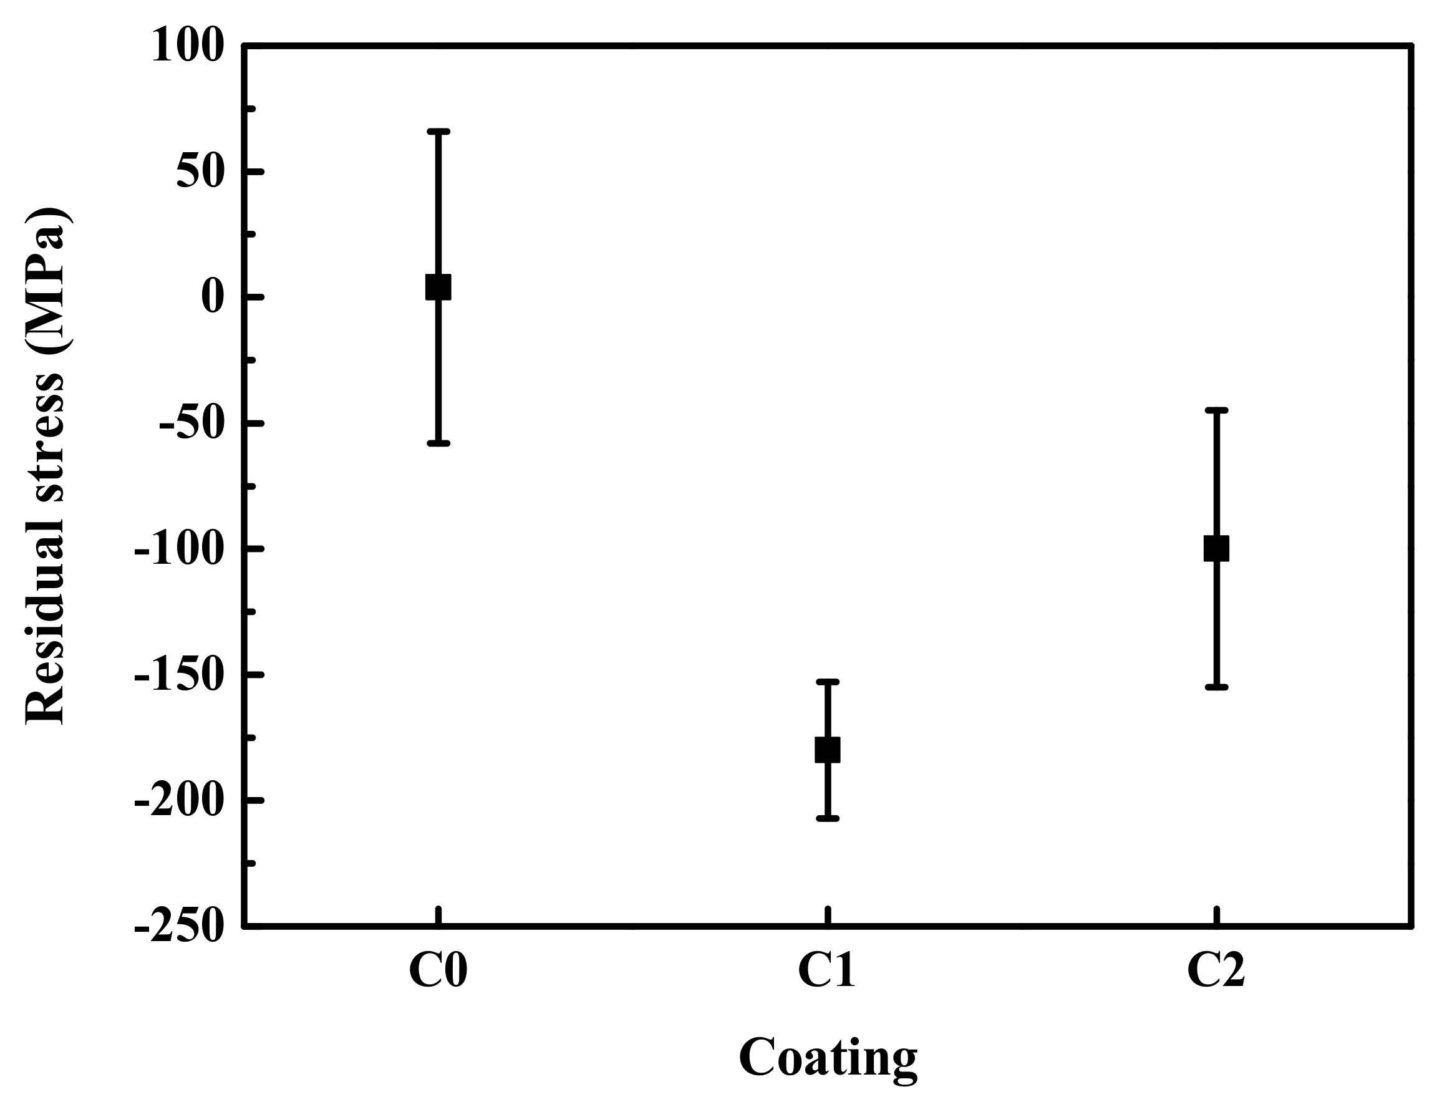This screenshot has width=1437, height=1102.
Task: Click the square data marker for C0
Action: pyautogui.click(x=438, y=288)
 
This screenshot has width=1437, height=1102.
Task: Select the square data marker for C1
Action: pyautogui.click(x=827, y=749)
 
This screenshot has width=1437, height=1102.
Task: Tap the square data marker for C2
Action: pyautogui.click(x=1216, y=548)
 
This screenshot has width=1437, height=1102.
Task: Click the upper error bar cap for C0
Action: pyautogui.click(x=438, y=132)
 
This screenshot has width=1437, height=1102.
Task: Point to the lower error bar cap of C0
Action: pyautogui.click(x=438, y=443)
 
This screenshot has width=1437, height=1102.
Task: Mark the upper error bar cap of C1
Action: pyautogui.click(x=827, y=682)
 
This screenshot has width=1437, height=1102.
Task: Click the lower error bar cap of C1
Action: pyautogui.click(x=827, y=819)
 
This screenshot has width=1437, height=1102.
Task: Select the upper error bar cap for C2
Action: pyautogui.click(x=1216, y=410)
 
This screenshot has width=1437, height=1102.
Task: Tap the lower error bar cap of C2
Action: pyautogui.click(x=1216, y=687)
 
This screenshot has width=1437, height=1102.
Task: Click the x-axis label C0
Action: pyautogui.click(x=437, y=970)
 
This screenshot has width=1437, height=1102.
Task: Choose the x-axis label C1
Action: pyautogui.click(x=826, y=970)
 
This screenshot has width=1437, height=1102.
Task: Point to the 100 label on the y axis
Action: pyautogui.click(x=188, y=47)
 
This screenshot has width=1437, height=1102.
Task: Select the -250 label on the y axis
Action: pyautogui.click(x=178, y=928)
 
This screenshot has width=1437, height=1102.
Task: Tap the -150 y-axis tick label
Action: pyautogui.click(x=178, y=675)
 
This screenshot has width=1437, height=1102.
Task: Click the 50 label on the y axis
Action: pyautogui.click(x=201, y=173)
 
